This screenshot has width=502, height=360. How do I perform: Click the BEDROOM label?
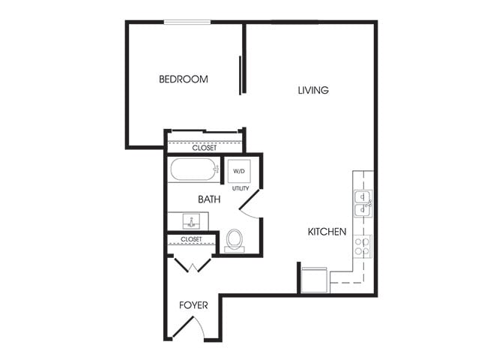183,79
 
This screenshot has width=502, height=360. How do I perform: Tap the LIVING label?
313,91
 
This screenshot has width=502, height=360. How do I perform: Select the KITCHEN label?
327,232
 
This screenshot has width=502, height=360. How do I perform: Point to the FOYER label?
193,306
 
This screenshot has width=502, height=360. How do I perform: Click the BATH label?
208,199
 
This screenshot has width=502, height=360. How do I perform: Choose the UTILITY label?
240,189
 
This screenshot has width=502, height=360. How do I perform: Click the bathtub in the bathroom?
193,170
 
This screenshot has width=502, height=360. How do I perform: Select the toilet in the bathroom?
235,240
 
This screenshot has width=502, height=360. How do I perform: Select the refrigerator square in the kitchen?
314,277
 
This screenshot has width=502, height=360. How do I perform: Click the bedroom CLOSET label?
204,148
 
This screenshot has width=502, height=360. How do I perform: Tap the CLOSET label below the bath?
191,239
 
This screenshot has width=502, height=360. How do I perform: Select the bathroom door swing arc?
253,203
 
